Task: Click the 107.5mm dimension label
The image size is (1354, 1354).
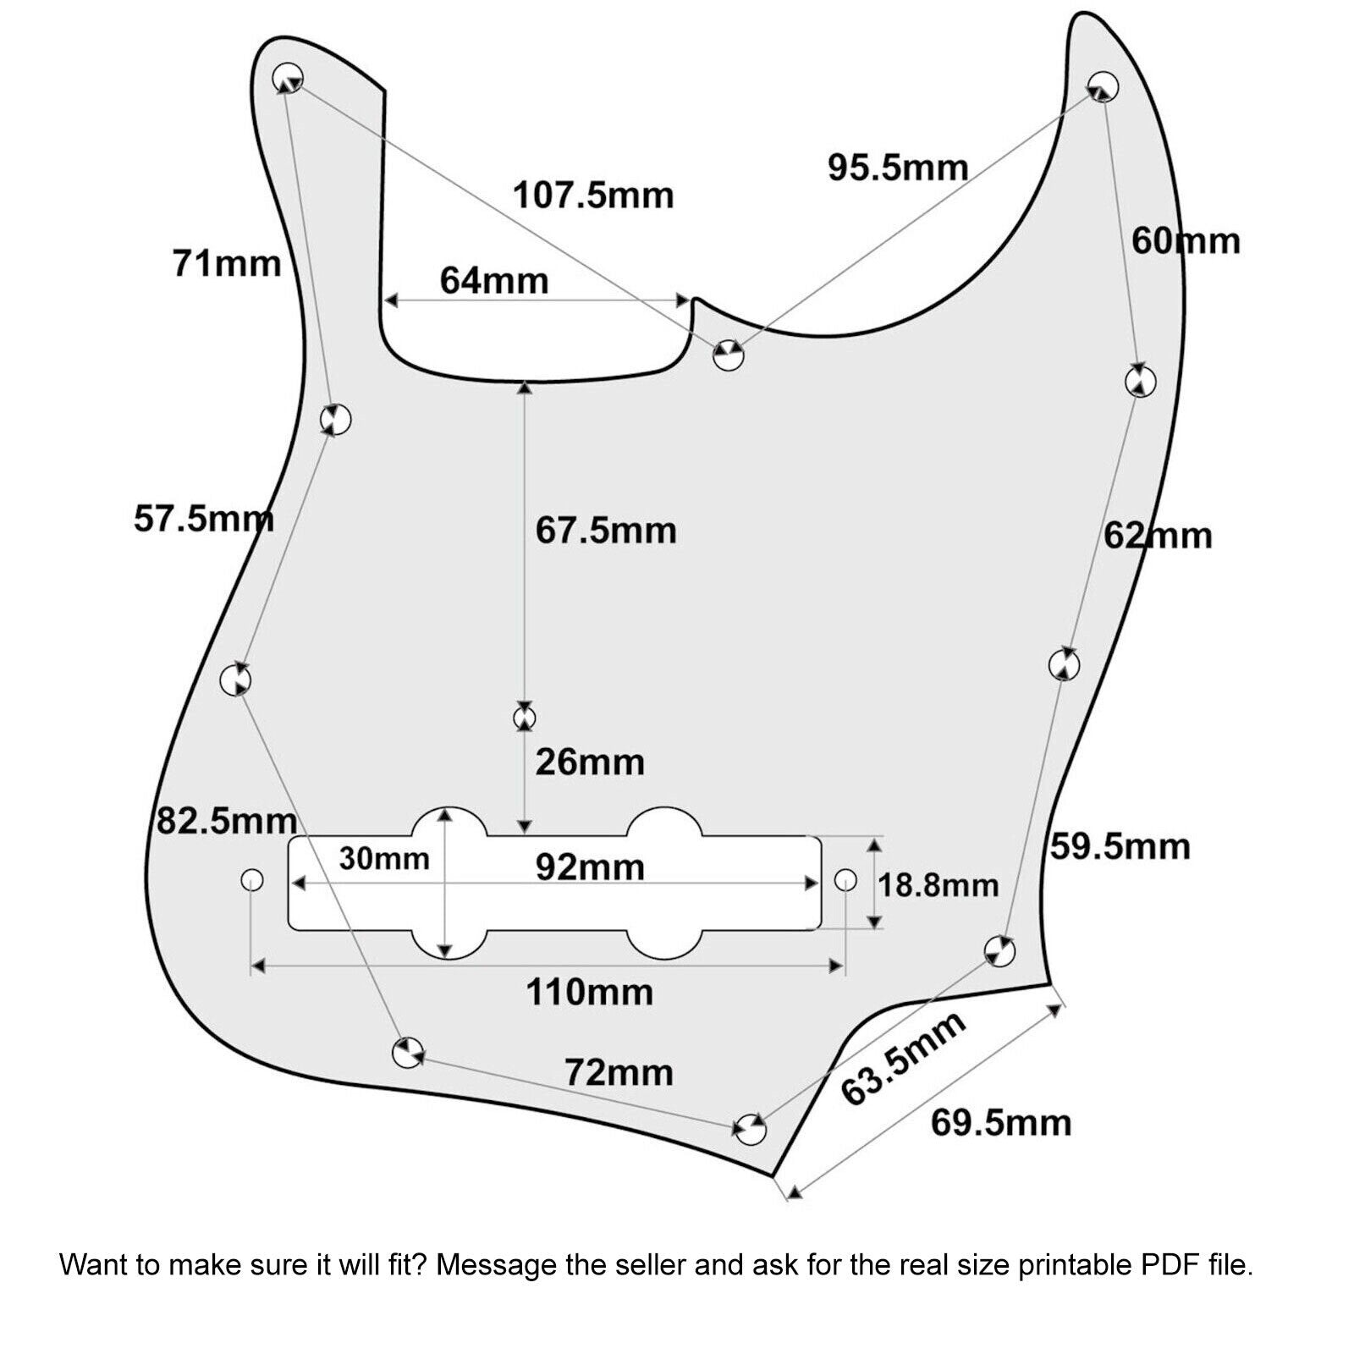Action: coord(593,195)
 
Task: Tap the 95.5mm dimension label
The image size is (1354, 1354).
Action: coord(898,168)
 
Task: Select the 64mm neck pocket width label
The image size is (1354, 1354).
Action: coord(494,280)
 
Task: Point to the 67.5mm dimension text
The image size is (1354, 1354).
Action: coord(606,531)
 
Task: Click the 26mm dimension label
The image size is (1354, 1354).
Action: coord(590,762)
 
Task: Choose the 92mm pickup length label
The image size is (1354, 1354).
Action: coord(590,867)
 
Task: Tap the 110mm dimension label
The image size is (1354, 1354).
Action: coord(590,992)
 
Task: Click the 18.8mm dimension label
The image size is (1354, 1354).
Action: coord(938,886)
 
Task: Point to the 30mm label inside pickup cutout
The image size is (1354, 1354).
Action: coord(384,859)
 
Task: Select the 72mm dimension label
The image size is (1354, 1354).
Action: coord(619,1073)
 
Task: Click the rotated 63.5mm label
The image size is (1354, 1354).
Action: coord(903,1058)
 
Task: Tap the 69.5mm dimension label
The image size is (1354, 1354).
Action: coord(1001,1123)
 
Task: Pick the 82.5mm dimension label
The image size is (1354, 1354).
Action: coord(227,821)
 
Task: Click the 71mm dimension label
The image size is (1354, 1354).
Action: coord(227,263)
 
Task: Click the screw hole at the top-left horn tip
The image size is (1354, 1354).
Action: coord(288,78)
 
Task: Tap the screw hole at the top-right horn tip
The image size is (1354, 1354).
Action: coord(1103,86)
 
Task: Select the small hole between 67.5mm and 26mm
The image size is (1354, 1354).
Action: coord(525,718)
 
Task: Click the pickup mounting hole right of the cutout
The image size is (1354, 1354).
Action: coord(845,880)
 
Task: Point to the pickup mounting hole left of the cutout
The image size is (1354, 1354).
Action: coord(251,880)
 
